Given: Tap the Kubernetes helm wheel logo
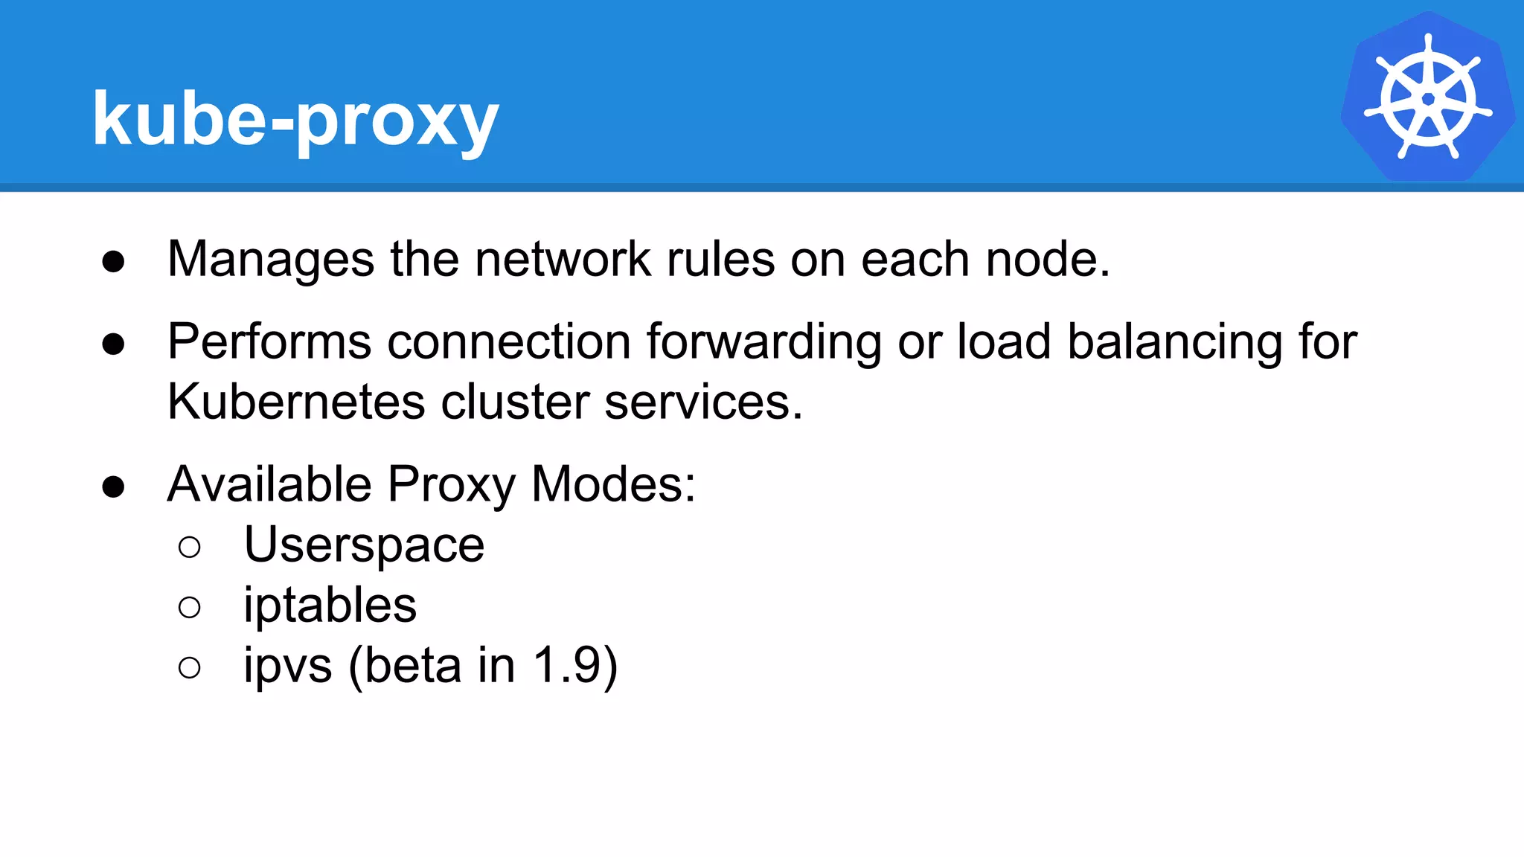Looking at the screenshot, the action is tap(1427, 97).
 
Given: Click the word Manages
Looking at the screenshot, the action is tap(271, 260).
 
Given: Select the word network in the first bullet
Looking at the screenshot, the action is tap(563, 260).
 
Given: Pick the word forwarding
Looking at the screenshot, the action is tap(763, 343).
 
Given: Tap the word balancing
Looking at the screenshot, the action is tap(1174, 343).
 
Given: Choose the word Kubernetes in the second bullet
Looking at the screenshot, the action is tap(296, 402).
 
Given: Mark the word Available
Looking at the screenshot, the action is tap(269, 484).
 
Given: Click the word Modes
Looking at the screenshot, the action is tap(613, 484).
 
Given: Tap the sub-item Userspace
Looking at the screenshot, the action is tap(364, 545).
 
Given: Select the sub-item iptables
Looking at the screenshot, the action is tap(330, 605).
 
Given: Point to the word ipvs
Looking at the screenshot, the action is tap(287, 667).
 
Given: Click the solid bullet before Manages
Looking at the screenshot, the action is tap(113, 262).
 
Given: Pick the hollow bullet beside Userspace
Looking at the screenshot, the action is tap(190, 548).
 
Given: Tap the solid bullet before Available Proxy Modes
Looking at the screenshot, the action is tap(113, 487).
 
